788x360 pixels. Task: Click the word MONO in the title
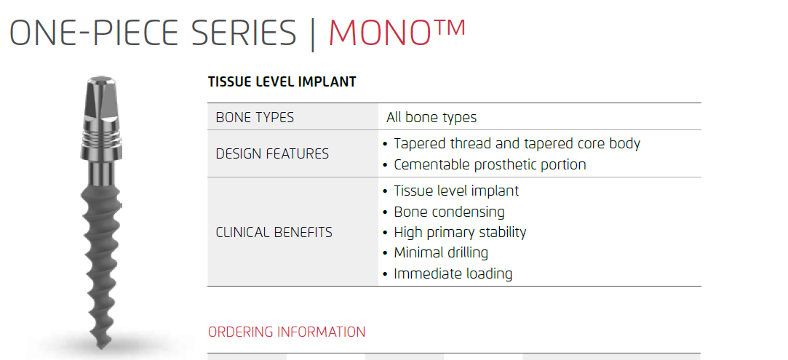pyautogui.click(x=379, y=33)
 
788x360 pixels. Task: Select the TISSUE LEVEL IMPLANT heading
pyautogui.click(x=282, y=82)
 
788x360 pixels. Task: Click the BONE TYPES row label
pyautogui.click(x=255, y=118)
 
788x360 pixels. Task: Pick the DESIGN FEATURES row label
pyautogui.click(x=272, y=153)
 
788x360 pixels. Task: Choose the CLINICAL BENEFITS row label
pyautogui.click(x=274, y=233)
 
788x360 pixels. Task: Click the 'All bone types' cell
pyautogui.click(x=431, y=118)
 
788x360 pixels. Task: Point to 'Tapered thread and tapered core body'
pyautogui.click(x=517, y=143)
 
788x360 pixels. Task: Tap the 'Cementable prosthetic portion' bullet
pyautogui.click(x=490, y=164)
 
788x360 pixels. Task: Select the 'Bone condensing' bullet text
pyautogui.click(x=449, y=212)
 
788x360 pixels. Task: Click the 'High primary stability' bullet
pyautogui.click(x=461, y=233)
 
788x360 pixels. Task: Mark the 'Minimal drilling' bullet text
pyautogui.click(x=441, y=252)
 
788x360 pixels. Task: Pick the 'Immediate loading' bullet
pyautogui.click(x=453, y=273)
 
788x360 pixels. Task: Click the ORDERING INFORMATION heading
pyautogui.click(x=287, y=332)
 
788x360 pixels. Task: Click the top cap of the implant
pyautogui.click(x=102, y=79)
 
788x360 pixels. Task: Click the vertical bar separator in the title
pyautogui.click(x=313, y=34)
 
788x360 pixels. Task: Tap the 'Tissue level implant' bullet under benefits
pyautogui.click(x=456, y=191)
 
